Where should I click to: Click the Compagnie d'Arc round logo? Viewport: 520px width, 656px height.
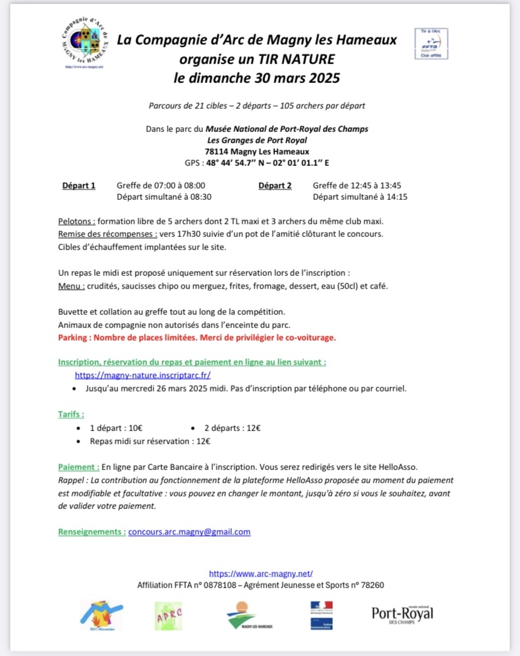point(87,42)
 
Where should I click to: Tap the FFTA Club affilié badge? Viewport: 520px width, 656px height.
point(431,43)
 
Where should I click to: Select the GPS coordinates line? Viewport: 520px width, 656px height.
point(257,163)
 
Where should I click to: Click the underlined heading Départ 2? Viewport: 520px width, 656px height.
point(275,185)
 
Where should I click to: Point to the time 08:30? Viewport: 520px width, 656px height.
point(198,197)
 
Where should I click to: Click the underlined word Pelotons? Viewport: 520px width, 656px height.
point(76,222)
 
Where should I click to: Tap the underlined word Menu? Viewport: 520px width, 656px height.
point(70,286)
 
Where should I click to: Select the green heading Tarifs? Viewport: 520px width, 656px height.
point(70,414)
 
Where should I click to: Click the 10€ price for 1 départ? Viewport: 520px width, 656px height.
point(135,428)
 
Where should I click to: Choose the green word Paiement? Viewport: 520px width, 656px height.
point(78,467)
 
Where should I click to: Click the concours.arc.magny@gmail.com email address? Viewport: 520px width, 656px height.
point(189,532)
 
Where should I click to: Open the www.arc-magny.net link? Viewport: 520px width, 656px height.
point(261,573)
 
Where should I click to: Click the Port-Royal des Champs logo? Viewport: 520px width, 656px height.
point(402,614)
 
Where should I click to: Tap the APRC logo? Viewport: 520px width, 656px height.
point(168,614)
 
